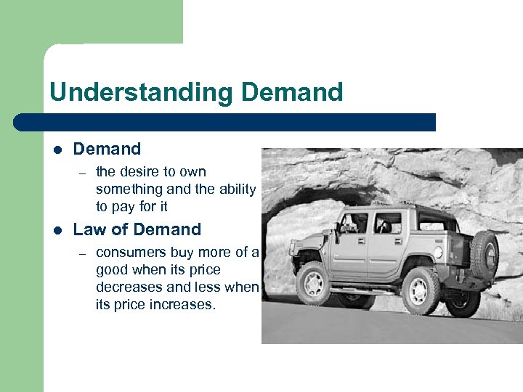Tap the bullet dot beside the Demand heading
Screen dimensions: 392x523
57,150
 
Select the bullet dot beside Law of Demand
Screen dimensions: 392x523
57,230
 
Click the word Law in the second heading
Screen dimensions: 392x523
89,230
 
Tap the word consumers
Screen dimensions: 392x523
131,253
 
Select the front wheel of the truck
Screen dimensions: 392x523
315,282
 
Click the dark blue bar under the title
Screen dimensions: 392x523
225,122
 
